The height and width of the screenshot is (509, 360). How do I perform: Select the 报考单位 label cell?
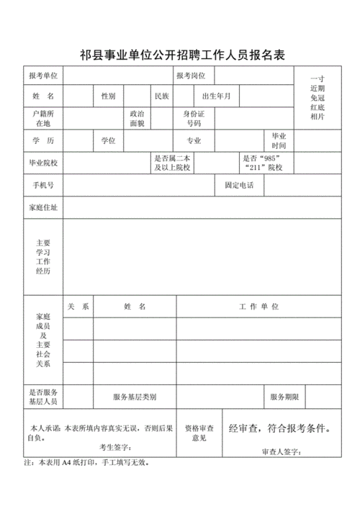(x=43, y=76)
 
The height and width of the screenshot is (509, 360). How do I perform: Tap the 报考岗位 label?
(x=191, y=76)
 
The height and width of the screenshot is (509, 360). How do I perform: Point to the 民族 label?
(x=161, y=96)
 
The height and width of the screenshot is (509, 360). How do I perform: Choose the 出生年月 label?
(x=217, y=96)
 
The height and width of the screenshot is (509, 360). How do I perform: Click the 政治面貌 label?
(x=136, y=119)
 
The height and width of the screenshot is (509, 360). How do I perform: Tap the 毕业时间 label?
(x=279, y=140)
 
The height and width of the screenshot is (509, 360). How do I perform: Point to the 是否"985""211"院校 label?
(x=263, y=163)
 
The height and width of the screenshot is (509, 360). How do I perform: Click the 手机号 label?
(x=43, y=186)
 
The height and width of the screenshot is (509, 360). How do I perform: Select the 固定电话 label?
(x=239, y=186)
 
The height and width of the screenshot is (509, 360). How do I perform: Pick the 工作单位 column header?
(x=258, y=307)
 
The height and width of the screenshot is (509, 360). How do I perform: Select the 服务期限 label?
(x=284, y=397)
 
